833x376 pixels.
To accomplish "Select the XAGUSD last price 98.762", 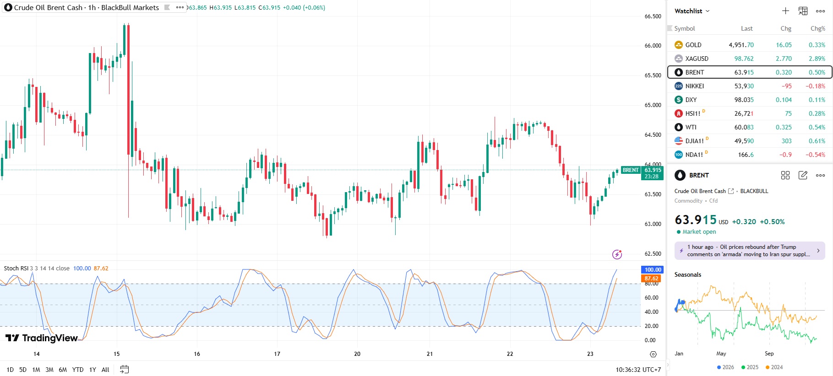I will coord(744,59).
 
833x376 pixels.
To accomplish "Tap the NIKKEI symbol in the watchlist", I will coord(694,86).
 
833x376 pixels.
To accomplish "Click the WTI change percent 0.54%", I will coord(817,127).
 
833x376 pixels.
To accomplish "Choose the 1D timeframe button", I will coord(10,370).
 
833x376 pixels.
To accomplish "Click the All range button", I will coord(105,370).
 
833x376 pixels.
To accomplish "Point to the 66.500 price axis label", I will coord(653,16).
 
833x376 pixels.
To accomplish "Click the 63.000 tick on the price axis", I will coord(653,224).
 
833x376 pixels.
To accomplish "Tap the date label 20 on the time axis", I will coord(357,354).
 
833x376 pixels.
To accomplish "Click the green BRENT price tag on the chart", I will coord(631,170).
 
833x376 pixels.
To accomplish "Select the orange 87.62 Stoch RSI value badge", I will coord(651,278).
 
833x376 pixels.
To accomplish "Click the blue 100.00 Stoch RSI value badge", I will coord(653,270).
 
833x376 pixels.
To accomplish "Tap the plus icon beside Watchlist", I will coord(785,11).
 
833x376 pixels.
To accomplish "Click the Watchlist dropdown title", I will coord(691,11).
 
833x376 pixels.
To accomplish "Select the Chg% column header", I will coord(817,28).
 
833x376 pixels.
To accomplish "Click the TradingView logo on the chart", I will coord(42,338).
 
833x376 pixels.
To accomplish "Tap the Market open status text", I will coord(699,232).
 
